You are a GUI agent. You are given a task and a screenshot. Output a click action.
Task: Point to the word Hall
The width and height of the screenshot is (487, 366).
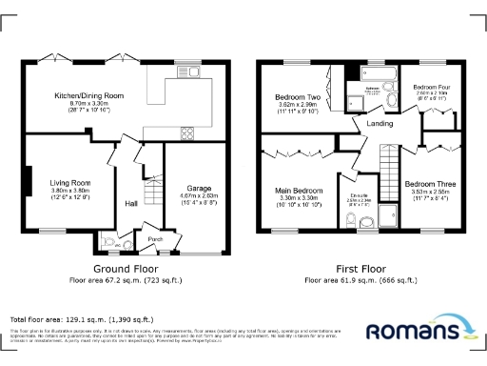(131, 202)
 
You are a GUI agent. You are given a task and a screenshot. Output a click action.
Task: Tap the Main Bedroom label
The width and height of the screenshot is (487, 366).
(299, 191)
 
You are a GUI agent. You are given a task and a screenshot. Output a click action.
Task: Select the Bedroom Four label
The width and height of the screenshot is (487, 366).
(430, 87)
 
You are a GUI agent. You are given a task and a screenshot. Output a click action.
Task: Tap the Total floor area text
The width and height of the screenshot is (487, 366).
(81, 318)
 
